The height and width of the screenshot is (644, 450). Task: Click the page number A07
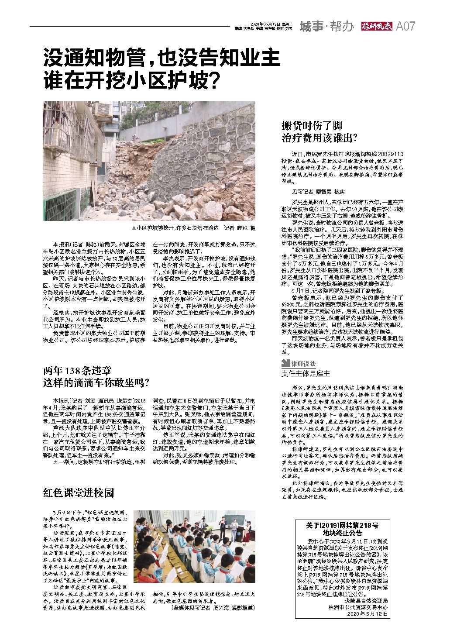405,27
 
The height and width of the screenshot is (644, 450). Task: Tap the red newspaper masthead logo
377,27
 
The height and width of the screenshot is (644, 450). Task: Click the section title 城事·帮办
326,27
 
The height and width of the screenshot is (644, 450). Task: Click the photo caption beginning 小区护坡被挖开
194,228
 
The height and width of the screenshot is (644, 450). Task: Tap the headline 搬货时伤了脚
312,126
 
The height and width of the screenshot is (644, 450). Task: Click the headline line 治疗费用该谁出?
319,139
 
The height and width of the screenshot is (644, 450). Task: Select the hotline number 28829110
390,155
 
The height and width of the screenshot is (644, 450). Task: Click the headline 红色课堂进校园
79,493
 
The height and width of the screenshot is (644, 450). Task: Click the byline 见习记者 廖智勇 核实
318,191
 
